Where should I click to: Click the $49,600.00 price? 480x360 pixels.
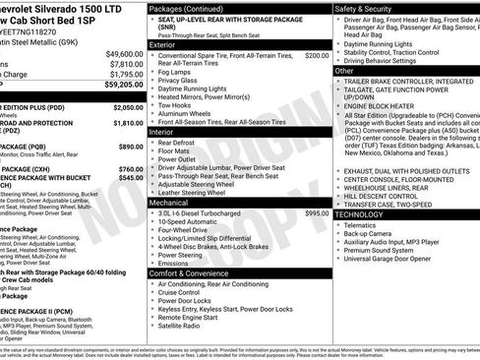point(124,54)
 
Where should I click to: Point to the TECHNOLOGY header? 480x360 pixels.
point(360,213)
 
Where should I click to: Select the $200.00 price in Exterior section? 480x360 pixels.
point(317,56)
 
